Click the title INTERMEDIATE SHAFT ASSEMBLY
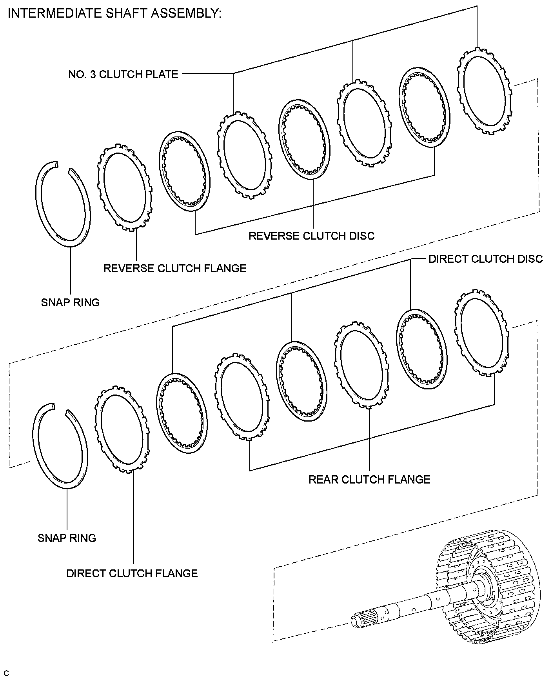tap(114, 14)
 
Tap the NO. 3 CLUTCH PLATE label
tap(123, 74)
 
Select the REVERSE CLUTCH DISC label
tap(312, 236)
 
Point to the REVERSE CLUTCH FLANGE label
tap(175, 268)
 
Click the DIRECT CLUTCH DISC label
tap(486, 259)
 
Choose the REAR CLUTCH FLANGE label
tap(369, 480)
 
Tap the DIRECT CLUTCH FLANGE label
tap(132, 573)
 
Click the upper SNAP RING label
tap(70, 302)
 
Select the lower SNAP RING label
tap(67, 538)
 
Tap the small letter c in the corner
tap(5, 673)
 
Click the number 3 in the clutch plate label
tap(93, 74)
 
